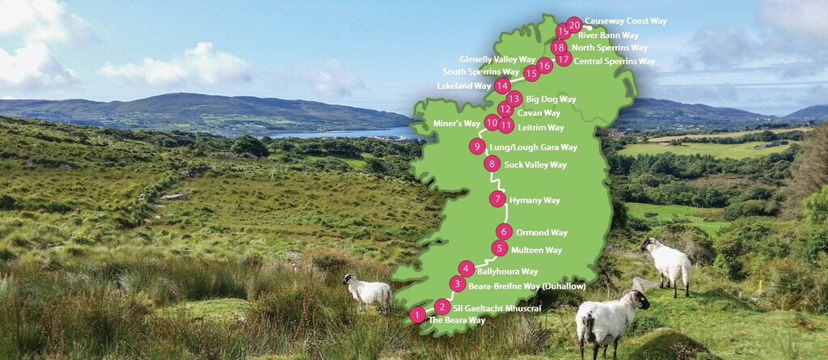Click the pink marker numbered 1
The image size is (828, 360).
pyautogui.click(x=417, y=315)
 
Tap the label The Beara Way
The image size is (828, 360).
pyautogui.click(x=457, y=320)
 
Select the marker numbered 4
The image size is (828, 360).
pyautogui.click(x=466, y=269)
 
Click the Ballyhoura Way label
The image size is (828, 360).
pyautogui.click(x=507, y=271)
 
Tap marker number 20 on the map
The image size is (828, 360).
pyautogui.click(x=574, y=25)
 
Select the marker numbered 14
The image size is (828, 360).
pyautogui.click(x=503, y=85)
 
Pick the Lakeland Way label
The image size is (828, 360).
pyautogui.click(x=463, y=86)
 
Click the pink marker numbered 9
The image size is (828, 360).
pyautogui.click(x=478, y=146)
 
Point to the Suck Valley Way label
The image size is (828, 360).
pyautogui.click(x=535, y=165)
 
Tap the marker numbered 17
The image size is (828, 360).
pyautogui.click(x=564, y=59)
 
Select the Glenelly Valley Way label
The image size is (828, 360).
pyautogui.click(x=497, y=60)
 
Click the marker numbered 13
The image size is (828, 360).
pyautogui.click(x=513, y=99)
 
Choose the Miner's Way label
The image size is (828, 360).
pyautogui.click(x=457, y=123)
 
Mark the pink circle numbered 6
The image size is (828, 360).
pyautogui.click(x=504, y=231)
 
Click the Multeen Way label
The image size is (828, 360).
pyautogui.click(x=536, y=250)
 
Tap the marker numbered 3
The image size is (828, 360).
pyautogui.click(x=458, y=284)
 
